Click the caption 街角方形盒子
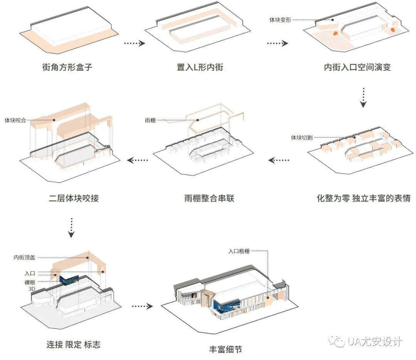67,67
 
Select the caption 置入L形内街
200,67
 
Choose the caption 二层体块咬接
74,199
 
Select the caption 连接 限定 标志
73,344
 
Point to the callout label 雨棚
151,121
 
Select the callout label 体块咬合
15,120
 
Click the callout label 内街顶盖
24,258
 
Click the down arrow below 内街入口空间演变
364,98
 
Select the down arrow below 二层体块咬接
71,228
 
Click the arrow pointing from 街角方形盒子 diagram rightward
134,44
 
